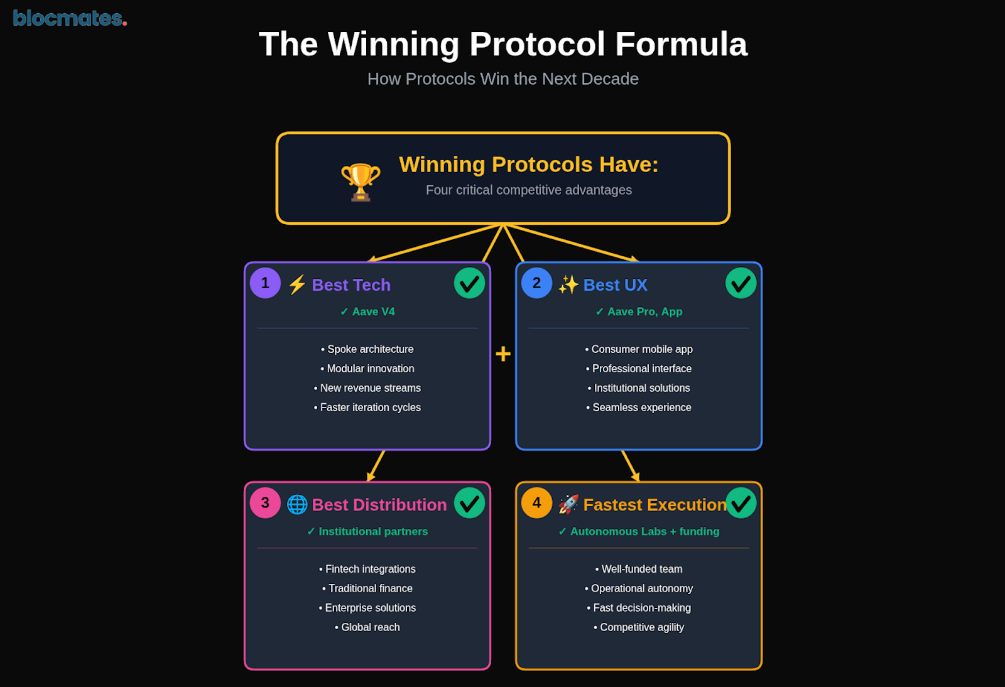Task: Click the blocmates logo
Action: point(70,18)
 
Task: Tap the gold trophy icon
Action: point(361,182)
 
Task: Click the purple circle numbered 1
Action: point(265,283)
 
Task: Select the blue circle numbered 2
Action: point(536,283)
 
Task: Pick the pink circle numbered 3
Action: point(265,503)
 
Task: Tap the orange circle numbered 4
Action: point(536,503)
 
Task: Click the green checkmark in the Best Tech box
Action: point(469,283)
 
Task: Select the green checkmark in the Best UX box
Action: point(741,283)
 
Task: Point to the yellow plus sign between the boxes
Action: point(503,354)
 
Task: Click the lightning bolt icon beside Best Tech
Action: point(297,284)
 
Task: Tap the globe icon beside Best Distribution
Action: point(297,504)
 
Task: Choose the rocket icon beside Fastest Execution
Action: point(568,504)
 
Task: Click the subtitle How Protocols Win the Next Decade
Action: point(503,79)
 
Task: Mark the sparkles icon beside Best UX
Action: point(568,284)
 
